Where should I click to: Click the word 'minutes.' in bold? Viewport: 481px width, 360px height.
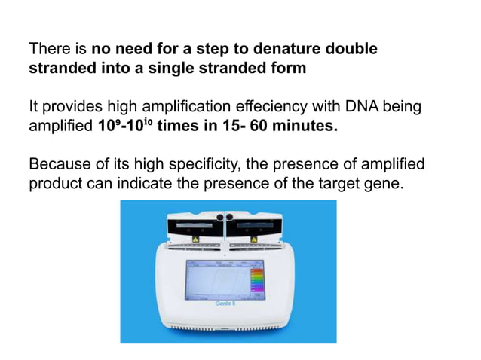pos(303,126)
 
